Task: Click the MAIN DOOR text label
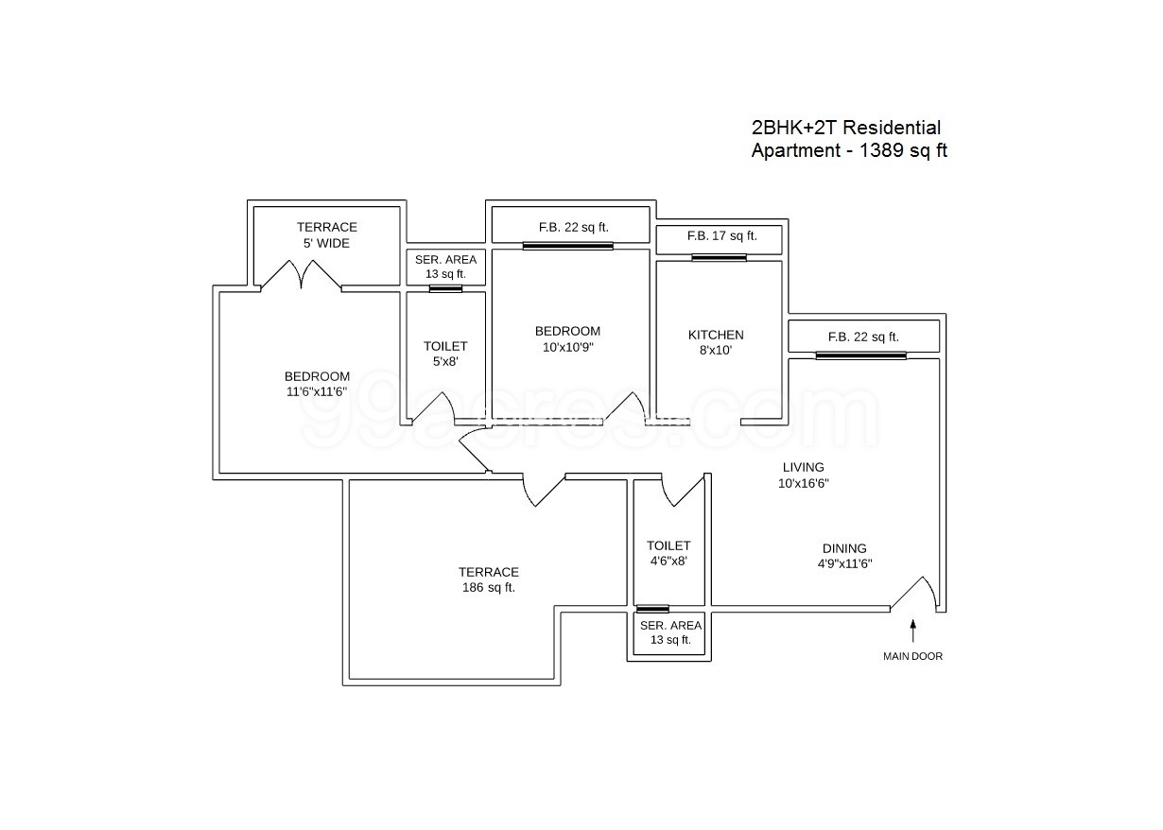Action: tap(912, 656)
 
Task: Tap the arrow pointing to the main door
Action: tap(913, 631)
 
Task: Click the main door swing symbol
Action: tap(916, 593)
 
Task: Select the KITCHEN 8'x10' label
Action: tap(716, 342)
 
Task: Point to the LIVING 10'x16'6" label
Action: tap(803, 475)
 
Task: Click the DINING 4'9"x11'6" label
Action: tap(844, 556)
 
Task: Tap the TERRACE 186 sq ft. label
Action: tap(489, 579)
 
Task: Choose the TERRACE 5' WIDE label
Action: tap(326, 234)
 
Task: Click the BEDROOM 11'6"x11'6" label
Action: tap(317, 384)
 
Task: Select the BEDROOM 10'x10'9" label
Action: tap(567, 338)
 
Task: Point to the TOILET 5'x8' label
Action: tap(445, 354)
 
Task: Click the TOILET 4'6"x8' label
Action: tap(668, 553)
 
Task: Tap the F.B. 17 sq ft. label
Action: tap(722, 235)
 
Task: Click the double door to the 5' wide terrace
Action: tap(301, 274)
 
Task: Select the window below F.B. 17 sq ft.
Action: tap(720, 257)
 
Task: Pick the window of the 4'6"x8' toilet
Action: tap(652, 609)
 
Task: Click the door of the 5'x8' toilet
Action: tap(434, 408)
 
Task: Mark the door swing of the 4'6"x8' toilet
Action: tap(683, 490)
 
